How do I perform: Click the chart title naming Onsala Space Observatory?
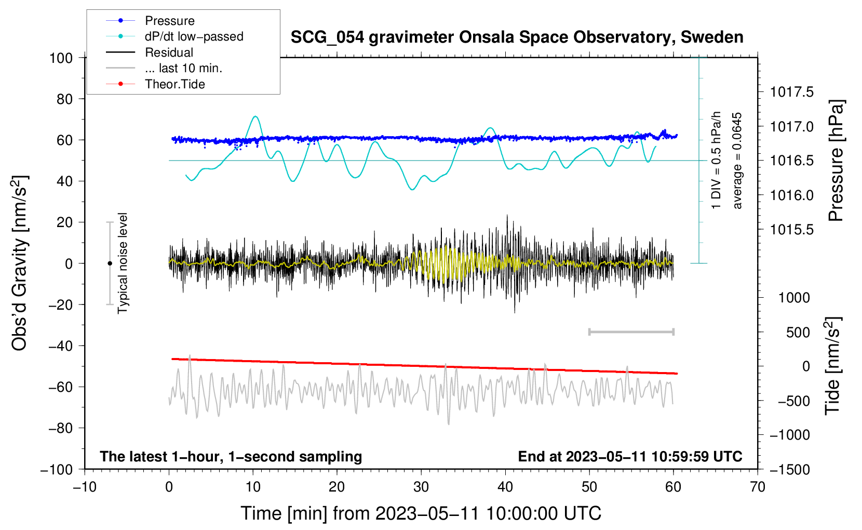517,38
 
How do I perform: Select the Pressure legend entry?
150,20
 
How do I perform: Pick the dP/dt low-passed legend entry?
174,36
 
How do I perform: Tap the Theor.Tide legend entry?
155,84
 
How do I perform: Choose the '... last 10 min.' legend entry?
164,68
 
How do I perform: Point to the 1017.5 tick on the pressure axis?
791,92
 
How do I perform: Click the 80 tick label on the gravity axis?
64,99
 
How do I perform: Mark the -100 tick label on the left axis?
57,470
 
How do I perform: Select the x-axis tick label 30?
421,487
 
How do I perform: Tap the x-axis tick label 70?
757,487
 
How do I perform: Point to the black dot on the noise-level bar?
110,263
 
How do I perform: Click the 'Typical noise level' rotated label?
123,263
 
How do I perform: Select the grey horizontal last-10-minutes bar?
631,332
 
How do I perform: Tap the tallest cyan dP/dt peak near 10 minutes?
255,116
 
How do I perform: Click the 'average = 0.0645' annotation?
736,161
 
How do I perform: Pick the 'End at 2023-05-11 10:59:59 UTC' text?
630,456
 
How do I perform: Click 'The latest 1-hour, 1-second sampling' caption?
231,456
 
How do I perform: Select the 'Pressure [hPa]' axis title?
836,161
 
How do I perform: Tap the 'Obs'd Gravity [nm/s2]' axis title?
19,263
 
